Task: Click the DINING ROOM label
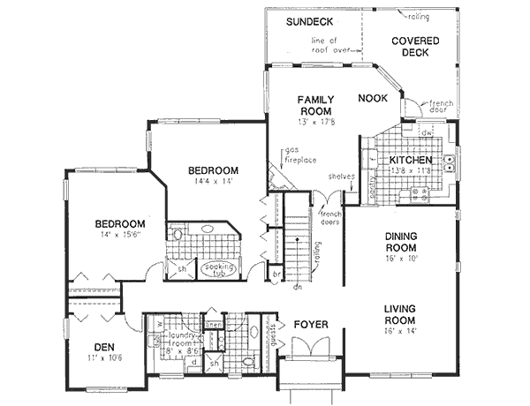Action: point(406,242)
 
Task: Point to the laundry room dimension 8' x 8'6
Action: point(177,349)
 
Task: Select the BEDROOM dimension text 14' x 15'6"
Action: point(119,236)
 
